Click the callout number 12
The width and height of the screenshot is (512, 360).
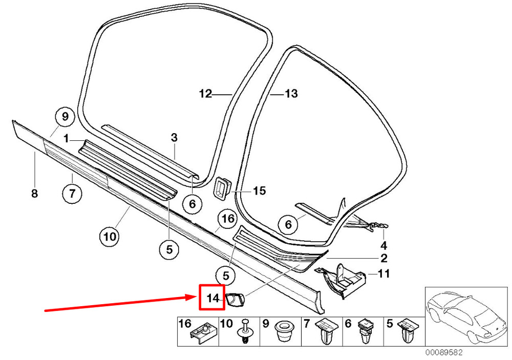click(206, 94)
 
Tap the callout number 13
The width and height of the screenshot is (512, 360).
click(291, 94)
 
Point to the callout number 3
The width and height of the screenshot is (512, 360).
click(174, 138)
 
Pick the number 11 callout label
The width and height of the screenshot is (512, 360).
click(383, 273)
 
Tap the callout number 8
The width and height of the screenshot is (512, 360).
click(35, 194)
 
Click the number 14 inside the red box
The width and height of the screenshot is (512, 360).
click(212, 298)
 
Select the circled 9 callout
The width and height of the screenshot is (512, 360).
click(65, 116)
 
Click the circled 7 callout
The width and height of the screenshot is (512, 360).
click(72, 194)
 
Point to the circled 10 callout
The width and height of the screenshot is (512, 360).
click(110, 236)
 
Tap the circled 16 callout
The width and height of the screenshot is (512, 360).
click(228, 218)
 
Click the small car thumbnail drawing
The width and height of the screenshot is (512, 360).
click(467, 316)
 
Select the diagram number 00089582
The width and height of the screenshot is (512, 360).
click(444, 352)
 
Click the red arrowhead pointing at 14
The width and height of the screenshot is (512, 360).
click(195, 297)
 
